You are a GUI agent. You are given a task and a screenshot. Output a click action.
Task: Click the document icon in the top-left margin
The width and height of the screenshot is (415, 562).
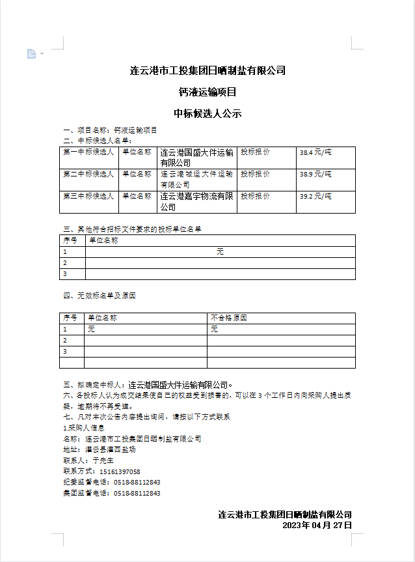pyautogui.click(x=31, y=53)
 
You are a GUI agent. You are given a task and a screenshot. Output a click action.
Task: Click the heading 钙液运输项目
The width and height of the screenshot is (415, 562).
pyautogui.click(x=207, y=92)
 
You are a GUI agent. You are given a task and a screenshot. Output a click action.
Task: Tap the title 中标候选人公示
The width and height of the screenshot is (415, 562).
pyautogui.click(x=207, y=113)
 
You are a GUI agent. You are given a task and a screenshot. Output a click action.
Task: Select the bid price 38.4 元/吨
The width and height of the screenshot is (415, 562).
pyautogui.click(x=315, y=152)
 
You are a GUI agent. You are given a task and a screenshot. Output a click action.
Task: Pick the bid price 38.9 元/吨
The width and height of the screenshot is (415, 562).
pyautogui.click(x=315, y=175)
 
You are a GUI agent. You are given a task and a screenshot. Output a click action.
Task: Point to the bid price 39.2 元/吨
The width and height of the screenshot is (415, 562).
pyautogui.click(x=315, y=197)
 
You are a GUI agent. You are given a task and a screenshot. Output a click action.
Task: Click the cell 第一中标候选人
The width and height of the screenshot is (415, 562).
pyautogui.click(x=88, y=152)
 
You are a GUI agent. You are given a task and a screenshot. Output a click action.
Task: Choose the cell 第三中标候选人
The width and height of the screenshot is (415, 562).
pyautogui.click(x=88, y=197)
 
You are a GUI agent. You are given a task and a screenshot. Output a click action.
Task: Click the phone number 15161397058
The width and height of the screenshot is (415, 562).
pyautogui.click(x=118, y=471)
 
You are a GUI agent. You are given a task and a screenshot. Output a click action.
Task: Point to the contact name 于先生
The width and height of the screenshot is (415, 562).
pyautogui.click(x=103, y=460)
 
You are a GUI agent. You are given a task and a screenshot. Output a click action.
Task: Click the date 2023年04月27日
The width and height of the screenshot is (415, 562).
pyautogui.click(x=317, y=525)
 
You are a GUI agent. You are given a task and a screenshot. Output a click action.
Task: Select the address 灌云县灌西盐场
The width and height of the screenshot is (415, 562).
pyautogui.click(x=111, y=449)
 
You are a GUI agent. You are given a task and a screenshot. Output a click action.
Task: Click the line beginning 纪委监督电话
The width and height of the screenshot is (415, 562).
pyautogui.click(x=111, y=483)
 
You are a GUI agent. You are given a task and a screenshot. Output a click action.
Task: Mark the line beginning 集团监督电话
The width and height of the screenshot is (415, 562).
pyautogui.click(x=111, y=494)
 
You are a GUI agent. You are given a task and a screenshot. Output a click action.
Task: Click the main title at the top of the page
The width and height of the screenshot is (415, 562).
pyautogui.click(x=207, y=70)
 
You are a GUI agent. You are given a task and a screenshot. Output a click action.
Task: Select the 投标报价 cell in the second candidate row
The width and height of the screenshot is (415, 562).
pyautogui.click(x=255, y=175)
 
